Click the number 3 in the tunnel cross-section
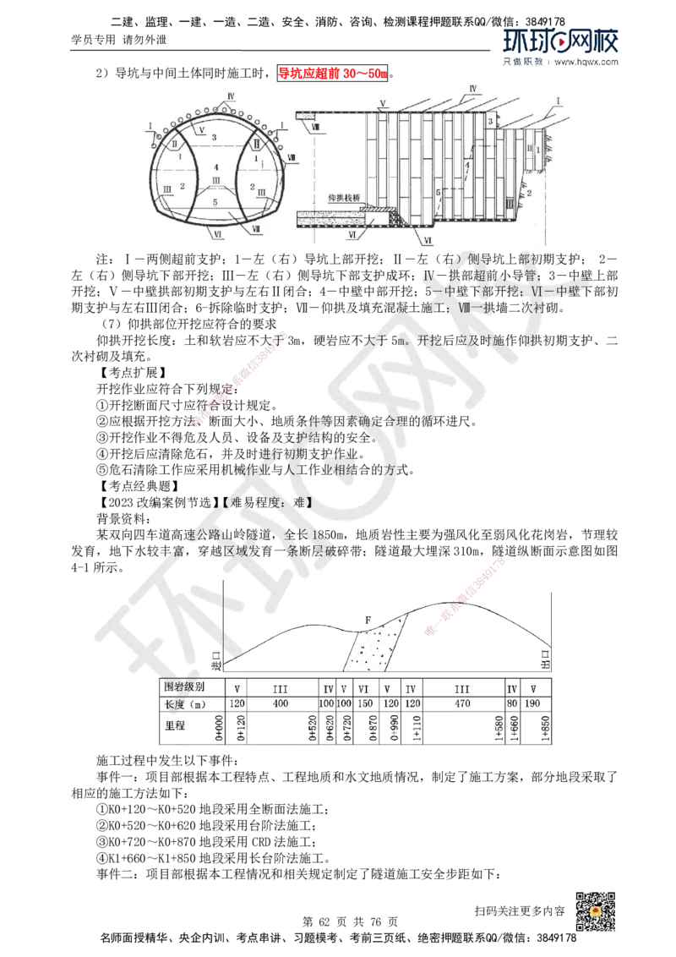pyautogui.click(x=215, y=137)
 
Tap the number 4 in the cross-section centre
pyautogui.click(x=216, y=167)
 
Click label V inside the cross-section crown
pyautogui.click(x=203, y=129)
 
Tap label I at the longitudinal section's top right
pyautogui.click(x=558, y=100)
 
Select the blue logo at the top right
pyautogui.click(x=561, y=46)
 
